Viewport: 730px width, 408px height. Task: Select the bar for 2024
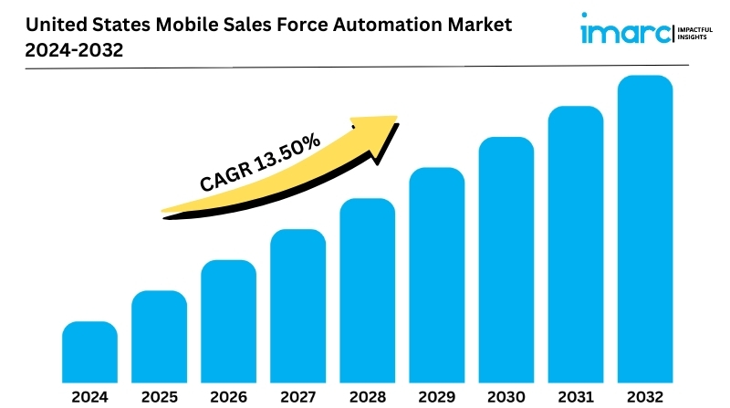(89, 352)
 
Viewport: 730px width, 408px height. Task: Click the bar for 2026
(229, 321)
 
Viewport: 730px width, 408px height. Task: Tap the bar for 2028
(368, 290)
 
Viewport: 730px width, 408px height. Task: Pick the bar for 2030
(506, 260)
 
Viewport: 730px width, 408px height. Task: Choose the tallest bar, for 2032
(645, 229)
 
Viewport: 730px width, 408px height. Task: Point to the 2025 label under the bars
(160, 397)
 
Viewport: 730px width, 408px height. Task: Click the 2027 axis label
(298, 397)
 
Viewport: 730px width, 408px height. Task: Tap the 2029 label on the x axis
(437, 397)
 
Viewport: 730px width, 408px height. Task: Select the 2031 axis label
(576, 397)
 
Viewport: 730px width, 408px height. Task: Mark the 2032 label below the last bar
(645, 397)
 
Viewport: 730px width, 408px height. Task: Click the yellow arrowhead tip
(397, 117)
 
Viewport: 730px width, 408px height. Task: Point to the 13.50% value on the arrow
(287, 152)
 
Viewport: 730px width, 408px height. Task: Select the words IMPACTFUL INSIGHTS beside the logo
(694, 33)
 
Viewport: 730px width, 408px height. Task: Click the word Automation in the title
(387, 25)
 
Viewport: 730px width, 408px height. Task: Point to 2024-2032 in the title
(74, 50)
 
